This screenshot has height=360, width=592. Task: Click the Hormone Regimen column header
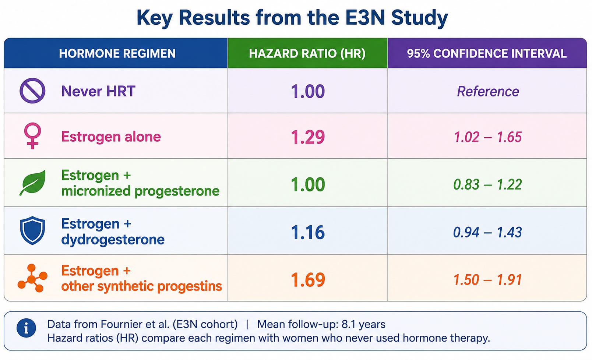pyautogui.click(x=117, y=53)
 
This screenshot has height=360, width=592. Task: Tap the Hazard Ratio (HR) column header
pyautogui.click(x=307, y=53)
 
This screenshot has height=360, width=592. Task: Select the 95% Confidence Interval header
pyautogui.click(x=487, y=53)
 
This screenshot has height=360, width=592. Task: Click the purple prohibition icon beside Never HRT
pyautogui.click(x=32, y=91)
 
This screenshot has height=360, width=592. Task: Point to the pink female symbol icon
pyautogui.click(x=32, y=135)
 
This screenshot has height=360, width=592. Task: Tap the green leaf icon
pyautogui.click(x=32, y=183)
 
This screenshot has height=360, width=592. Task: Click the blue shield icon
pyautogui.click(x=32, y=230)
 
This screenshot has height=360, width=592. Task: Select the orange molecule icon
pyautogui.click(x=32, y=278)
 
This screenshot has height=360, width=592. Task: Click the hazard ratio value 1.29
pyautogui.click(x=308, y=137)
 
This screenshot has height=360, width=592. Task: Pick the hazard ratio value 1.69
pyautogui.click(x=308, y=280)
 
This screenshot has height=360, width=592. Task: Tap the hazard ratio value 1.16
pyautogui.click(x=308, y=232)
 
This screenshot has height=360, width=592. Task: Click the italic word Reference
pyautogui.click(x=488, y=91)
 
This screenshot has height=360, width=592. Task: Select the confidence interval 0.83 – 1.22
pyautogui.click(x=487, y=184)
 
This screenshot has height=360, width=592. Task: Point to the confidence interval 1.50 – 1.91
pyautogui.click(x=487, y=280)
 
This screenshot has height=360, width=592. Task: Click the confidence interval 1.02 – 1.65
pyautogui.click(x=487, y=137)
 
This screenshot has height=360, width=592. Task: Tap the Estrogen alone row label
pyautogui.click(x=111, y=137)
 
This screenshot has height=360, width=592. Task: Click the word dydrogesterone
pyautogui.click(x=113, y=240)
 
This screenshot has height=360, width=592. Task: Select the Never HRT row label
pyautogui.click(x=98, y=91)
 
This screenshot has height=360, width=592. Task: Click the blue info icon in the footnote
pyautogui.click(x=26, y=328)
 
